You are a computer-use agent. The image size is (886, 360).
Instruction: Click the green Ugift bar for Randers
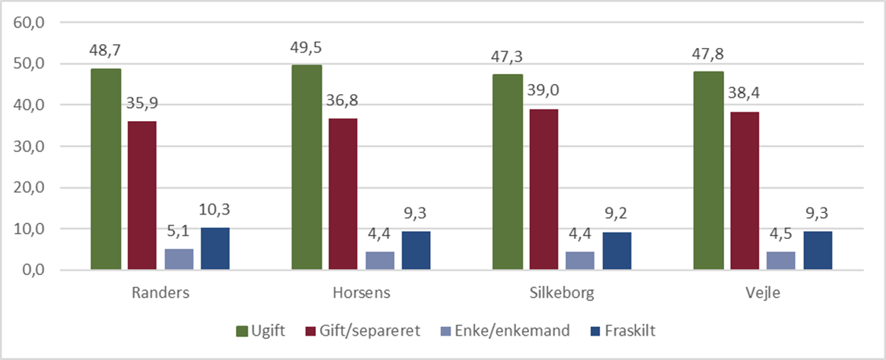point(105,169)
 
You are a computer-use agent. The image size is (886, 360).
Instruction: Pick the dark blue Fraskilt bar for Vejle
point(818,251)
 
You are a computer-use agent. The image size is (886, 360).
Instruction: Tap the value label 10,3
point(215,211)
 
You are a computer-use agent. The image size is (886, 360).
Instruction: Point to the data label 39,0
point(544,91)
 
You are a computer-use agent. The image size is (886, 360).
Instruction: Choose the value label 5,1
point(178,233)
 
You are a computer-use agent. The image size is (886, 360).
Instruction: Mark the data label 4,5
point(781,235)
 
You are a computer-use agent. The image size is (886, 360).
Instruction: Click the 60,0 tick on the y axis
point(29,22)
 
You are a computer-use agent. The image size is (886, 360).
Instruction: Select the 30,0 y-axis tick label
point(29,146)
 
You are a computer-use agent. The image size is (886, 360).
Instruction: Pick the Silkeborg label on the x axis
point(562,294)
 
